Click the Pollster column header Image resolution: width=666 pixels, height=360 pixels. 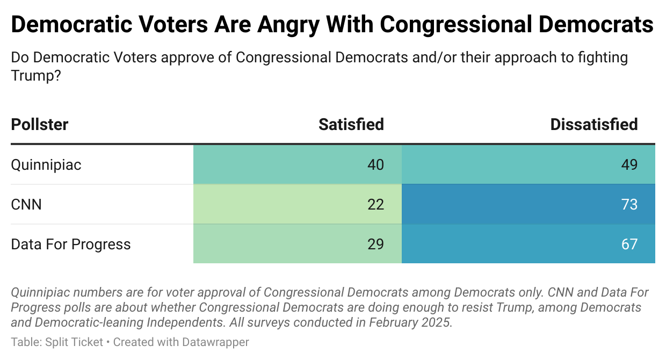click(40, 125)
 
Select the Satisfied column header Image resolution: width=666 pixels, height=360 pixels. click(351, 125)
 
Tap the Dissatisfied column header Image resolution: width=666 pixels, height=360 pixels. click(594, 125)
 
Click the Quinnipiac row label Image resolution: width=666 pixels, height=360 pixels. click(46, 164)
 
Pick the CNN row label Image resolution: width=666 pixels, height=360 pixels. click(26, 204)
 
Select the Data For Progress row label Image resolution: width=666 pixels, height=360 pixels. click(71, 244)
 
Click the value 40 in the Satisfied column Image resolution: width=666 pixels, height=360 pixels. click(376, 164)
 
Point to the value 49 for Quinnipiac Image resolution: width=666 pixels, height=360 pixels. click(629, 164)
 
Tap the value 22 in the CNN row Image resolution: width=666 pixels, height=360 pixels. click(376, 204)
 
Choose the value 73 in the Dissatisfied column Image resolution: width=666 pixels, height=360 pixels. click(629, 204)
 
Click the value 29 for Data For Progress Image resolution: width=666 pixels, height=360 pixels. click(376, 244)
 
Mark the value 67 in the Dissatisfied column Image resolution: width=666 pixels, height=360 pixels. click(629, 244)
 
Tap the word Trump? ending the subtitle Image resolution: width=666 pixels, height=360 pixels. click(36, 76)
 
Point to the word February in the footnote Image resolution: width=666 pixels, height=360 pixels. click(399, 323)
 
